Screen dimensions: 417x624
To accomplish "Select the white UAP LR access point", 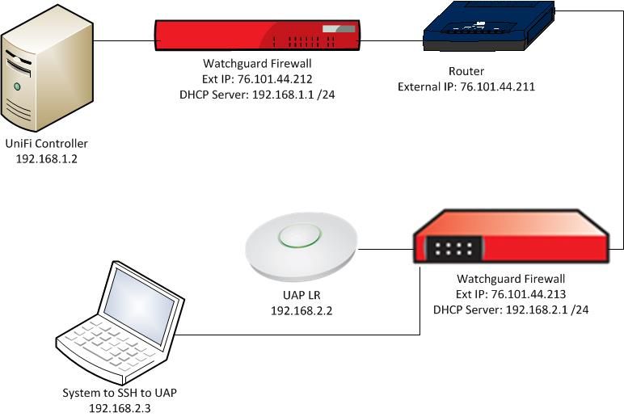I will [301, 242].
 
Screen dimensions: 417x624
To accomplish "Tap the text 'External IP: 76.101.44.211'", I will [466, 86].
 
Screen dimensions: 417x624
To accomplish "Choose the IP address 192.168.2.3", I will [120, 407].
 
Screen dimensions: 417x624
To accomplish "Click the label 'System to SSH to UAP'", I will [120, 394].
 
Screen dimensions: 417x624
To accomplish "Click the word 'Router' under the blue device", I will [466, 71].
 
